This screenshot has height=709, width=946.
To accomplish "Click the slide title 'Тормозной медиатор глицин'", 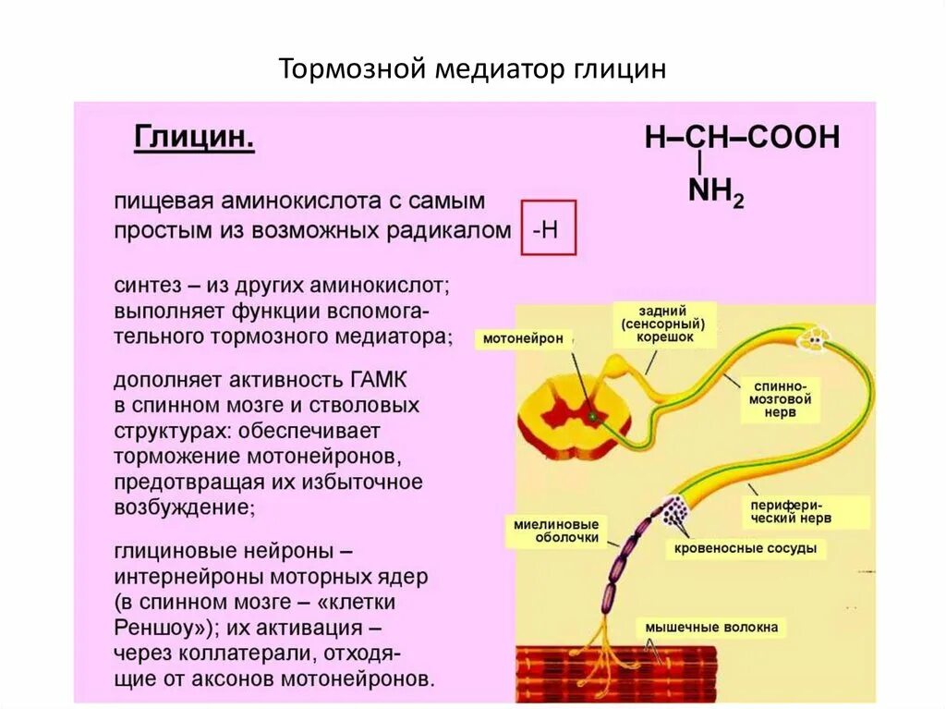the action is point(472,70).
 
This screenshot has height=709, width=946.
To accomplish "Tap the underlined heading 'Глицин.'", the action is point(195,139).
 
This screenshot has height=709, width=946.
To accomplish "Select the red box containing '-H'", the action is point(548,226).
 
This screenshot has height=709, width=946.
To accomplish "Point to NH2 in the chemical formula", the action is point(717,192).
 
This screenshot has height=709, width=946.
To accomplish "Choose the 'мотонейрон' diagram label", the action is point(523,339).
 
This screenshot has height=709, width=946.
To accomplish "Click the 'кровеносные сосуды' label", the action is point(746,548).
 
